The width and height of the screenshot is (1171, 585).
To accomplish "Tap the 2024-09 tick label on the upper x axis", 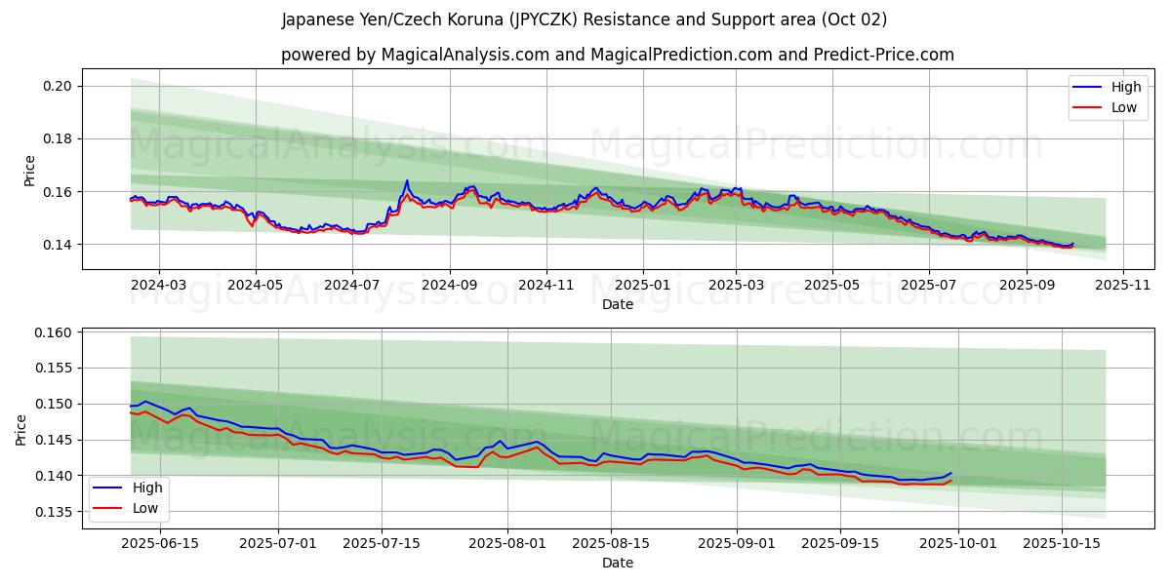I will tap(449, 285).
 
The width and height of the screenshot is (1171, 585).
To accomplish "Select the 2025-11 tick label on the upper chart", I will tap(1123, 285).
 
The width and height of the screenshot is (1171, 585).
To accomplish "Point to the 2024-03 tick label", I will tap(158, 285).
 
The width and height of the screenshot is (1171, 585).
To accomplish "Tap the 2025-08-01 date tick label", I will tap(508, 543).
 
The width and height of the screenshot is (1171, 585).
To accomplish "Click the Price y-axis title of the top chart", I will tap(29, 170).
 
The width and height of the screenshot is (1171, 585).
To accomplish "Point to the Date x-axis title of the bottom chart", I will tap(617, 563).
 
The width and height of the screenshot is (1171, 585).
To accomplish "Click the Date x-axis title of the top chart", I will tap(617, 304).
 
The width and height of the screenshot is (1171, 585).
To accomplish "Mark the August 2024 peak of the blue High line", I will tap(407, 180).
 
